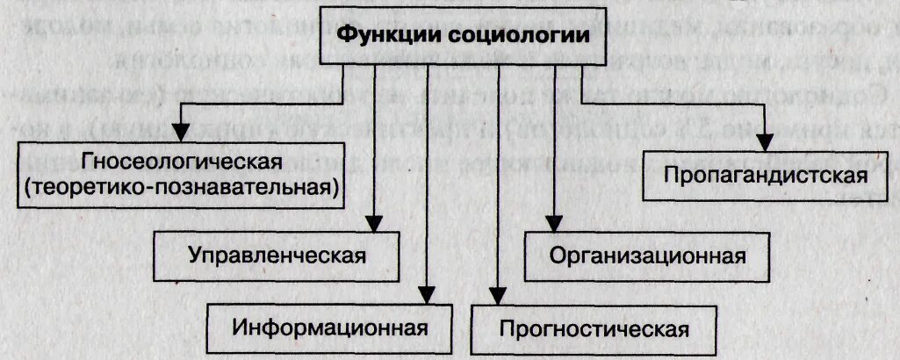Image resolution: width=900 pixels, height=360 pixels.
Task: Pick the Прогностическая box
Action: [593, 328]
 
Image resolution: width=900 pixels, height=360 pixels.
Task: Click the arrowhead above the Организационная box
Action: [554, 224]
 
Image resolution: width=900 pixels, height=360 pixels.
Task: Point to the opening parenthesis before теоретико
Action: [29, 186]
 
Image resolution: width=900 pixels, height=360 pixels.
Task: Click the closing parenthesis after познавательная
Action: [337, 186]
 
